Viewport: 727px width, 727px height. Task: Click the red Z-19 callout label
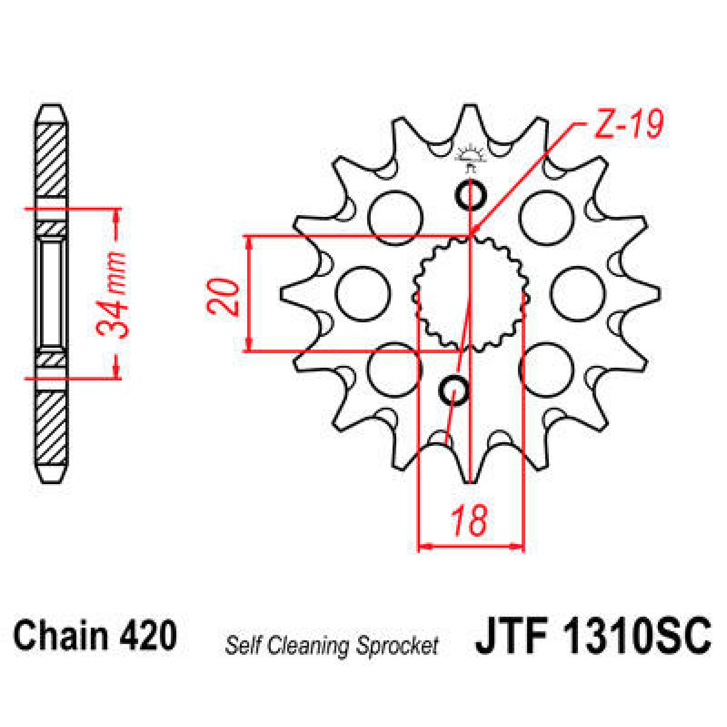[629, 125]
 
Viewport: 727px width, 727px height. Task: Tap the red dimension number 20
[224, 296]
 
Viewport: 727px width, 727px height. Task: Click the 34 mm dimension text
[113, 293]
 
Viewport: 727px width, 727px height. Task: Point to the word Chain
[61, 637]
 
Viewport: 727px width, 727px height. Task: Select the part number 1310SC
[637, 637]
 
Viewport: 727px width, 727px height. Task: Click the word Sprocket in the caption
[397, 646]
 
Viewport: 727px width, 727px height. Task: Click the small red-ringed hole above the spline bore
[470, 195]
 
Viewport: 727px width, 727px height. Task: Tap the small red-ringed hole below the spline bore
[453, 390]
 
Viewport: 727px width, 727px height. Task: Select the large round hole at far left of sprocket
[363, 294]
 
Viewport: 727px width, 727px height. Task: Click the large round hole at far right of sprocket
[577, 294]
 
